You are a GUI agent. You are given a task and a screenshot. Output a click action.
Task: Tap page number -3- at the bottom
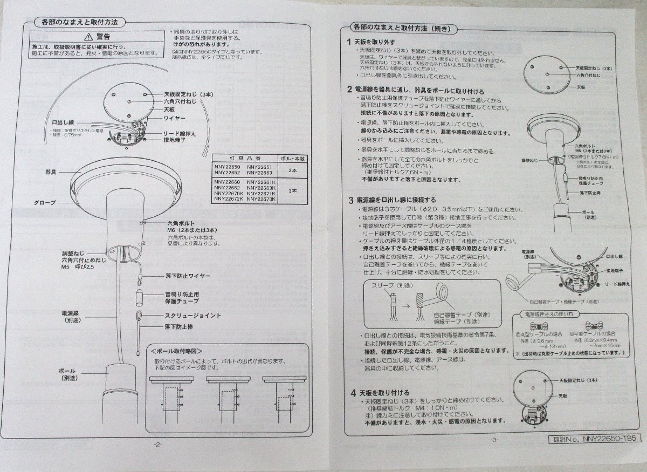click(494, 439)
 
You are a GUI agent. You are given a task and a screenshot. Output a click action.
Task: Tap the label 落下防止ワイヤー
click(187, 276)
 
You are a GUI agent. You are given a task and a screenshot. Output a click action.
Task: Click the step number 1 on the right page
click(349, 42)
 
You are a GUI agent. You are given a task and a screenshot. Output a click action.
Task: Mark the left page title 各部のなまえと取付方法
click(79, 23)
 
